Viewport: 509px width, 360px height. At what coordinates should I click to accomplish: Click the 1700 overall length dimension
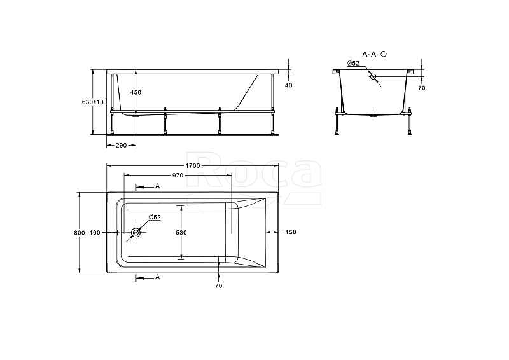pos(193,166)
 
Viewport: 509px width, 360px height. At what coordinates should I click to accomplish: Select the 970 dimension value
pos(178,176)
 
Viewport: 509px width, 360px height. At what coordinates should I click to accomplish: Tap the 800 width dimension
pos(80,233)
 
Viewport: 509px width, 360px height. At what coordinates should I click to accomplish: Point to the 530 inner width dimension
pos(181,233)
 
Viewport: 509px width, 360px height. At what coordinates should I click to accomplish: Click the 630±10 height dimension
pos(92,102)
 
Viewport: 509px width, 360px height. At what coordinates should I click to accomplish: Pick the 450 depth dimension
pos(136,92)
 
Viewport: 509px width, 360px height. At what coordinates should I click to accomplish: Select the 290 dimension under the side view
pos(121,146)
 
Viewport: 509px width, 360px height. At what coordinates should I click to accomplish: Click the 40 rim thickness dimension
pos(288,85)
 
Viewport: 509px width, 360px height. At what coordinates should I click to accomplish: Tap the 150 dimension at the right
pos(291,232)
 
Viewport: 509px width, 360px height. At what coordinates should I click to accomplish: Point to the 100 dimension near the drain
pos(95,233)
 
